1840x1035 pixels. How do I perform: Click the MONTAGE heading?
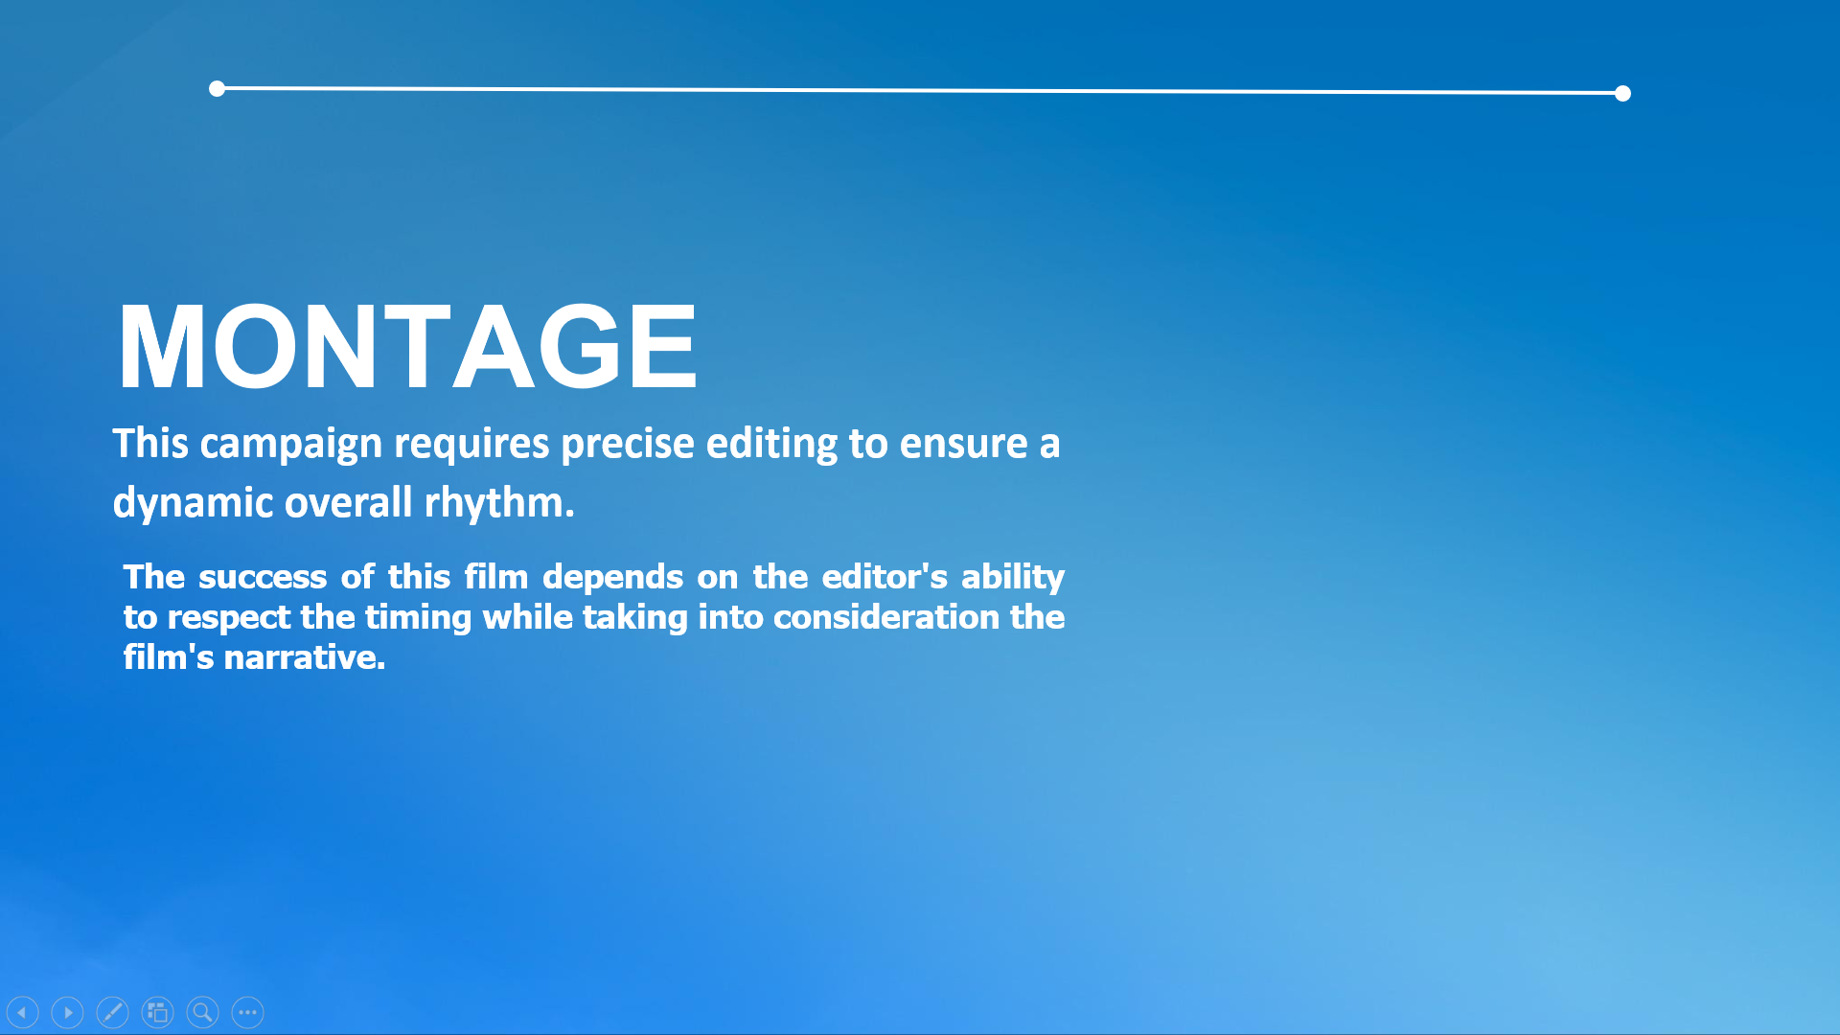click(x=407, y=346)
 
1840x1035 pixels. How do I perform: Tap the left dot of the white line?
click(x=217, y=89)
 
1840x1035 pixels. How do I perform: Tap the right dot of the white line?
click(x=1622, y=93)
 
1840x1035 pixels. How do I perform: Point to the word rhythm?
click(x=499, y=503)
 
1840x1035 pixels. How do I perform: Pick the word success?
click(x=263, y=577)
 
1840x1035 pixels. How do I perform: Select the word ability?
click(x=1013, y=578)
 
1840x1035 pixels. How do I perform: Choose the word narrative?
click(x=305, y=657)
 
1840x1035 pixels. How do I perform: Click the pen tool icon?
click(x=112, y=1012)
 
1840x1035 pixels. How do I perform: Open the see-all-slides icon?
click(x=157, y=1012)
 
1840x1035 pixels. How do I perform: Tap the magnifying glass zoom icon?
click(x=202, y=1012)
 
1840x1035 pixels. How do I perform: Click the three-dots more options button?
click(x=247, y=1012)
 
